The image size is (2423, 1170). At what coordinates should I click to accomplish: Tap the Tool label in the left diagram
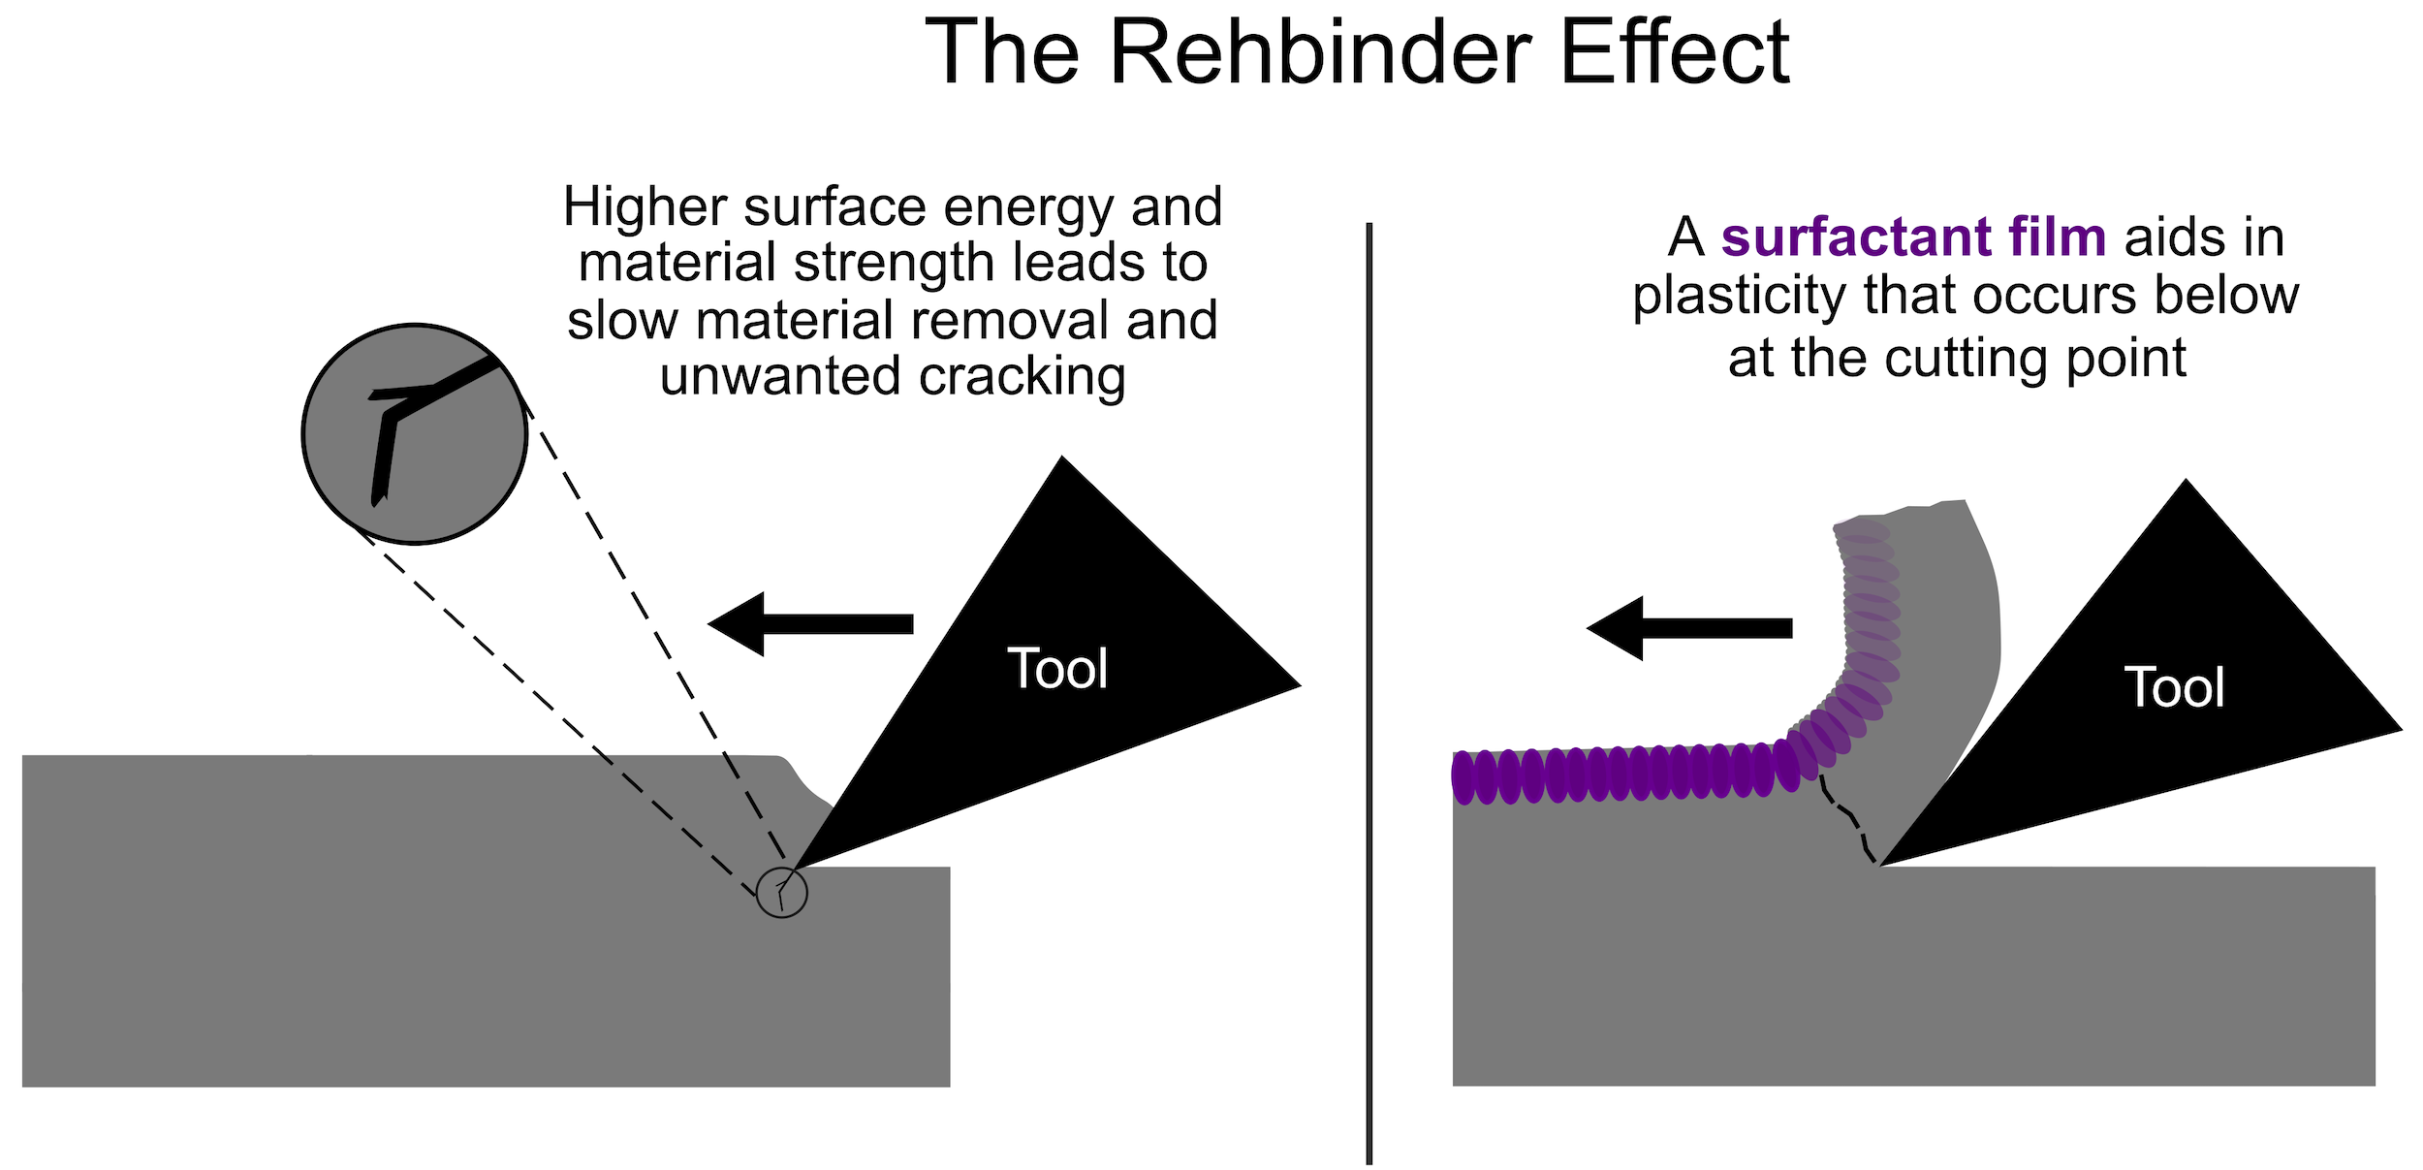point(1057,669)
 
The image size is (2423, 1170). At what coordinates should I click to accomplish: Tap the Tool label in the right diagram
point(2174,687)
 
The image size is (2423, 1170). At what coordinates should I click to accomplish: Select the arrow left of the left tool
point(810,624)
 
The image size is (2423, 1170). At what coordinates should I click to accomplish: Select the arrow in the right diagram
point(1689,628)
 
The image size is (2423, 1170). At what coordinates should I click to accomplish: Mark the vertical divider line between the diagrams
point(1369,693)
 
